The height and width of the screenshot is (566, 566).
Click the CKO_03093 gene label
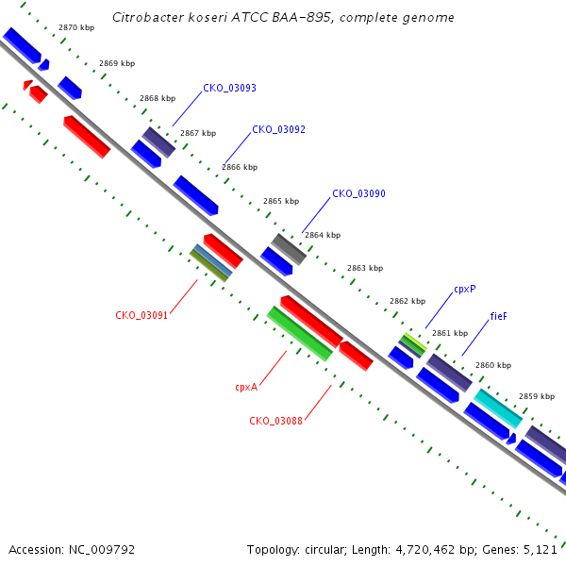point(229,88)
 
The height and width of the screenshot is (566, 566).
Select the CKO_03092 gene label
point(278,129)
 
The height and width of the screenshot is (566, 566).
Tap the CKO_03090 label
point(358,193)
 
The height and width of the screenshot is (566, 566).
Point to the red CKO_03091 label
point(141,315)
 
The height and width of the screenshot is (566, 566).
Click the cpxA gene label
point(246,388)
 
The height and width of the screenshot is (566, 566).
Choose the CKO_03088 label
point(275,421)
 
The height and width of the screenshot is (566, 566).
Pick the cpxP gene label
point(465,290)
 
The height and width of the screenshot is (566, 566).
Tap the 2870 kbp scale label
point(76,27)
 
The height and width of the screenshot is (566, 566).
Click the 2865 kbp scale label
point(281,201)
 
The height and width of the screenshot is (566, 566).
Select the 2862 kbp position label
point(408,301)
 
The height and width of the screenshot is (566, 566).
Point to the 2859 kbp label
point(537,396)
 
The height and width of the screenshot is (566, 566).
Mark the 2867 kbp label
point(198,133)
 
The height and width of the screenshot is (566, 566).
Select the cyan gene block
point(498,408)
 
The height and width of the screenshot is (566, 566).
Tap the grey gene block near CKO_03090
point(289,249)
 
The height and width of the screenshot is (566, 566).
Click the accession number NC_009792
point(102,550)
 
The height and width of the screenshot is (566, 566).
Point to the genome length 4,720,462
point(425,550)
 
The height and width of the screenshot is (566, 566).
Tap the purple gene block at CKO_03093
point(158,142)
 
